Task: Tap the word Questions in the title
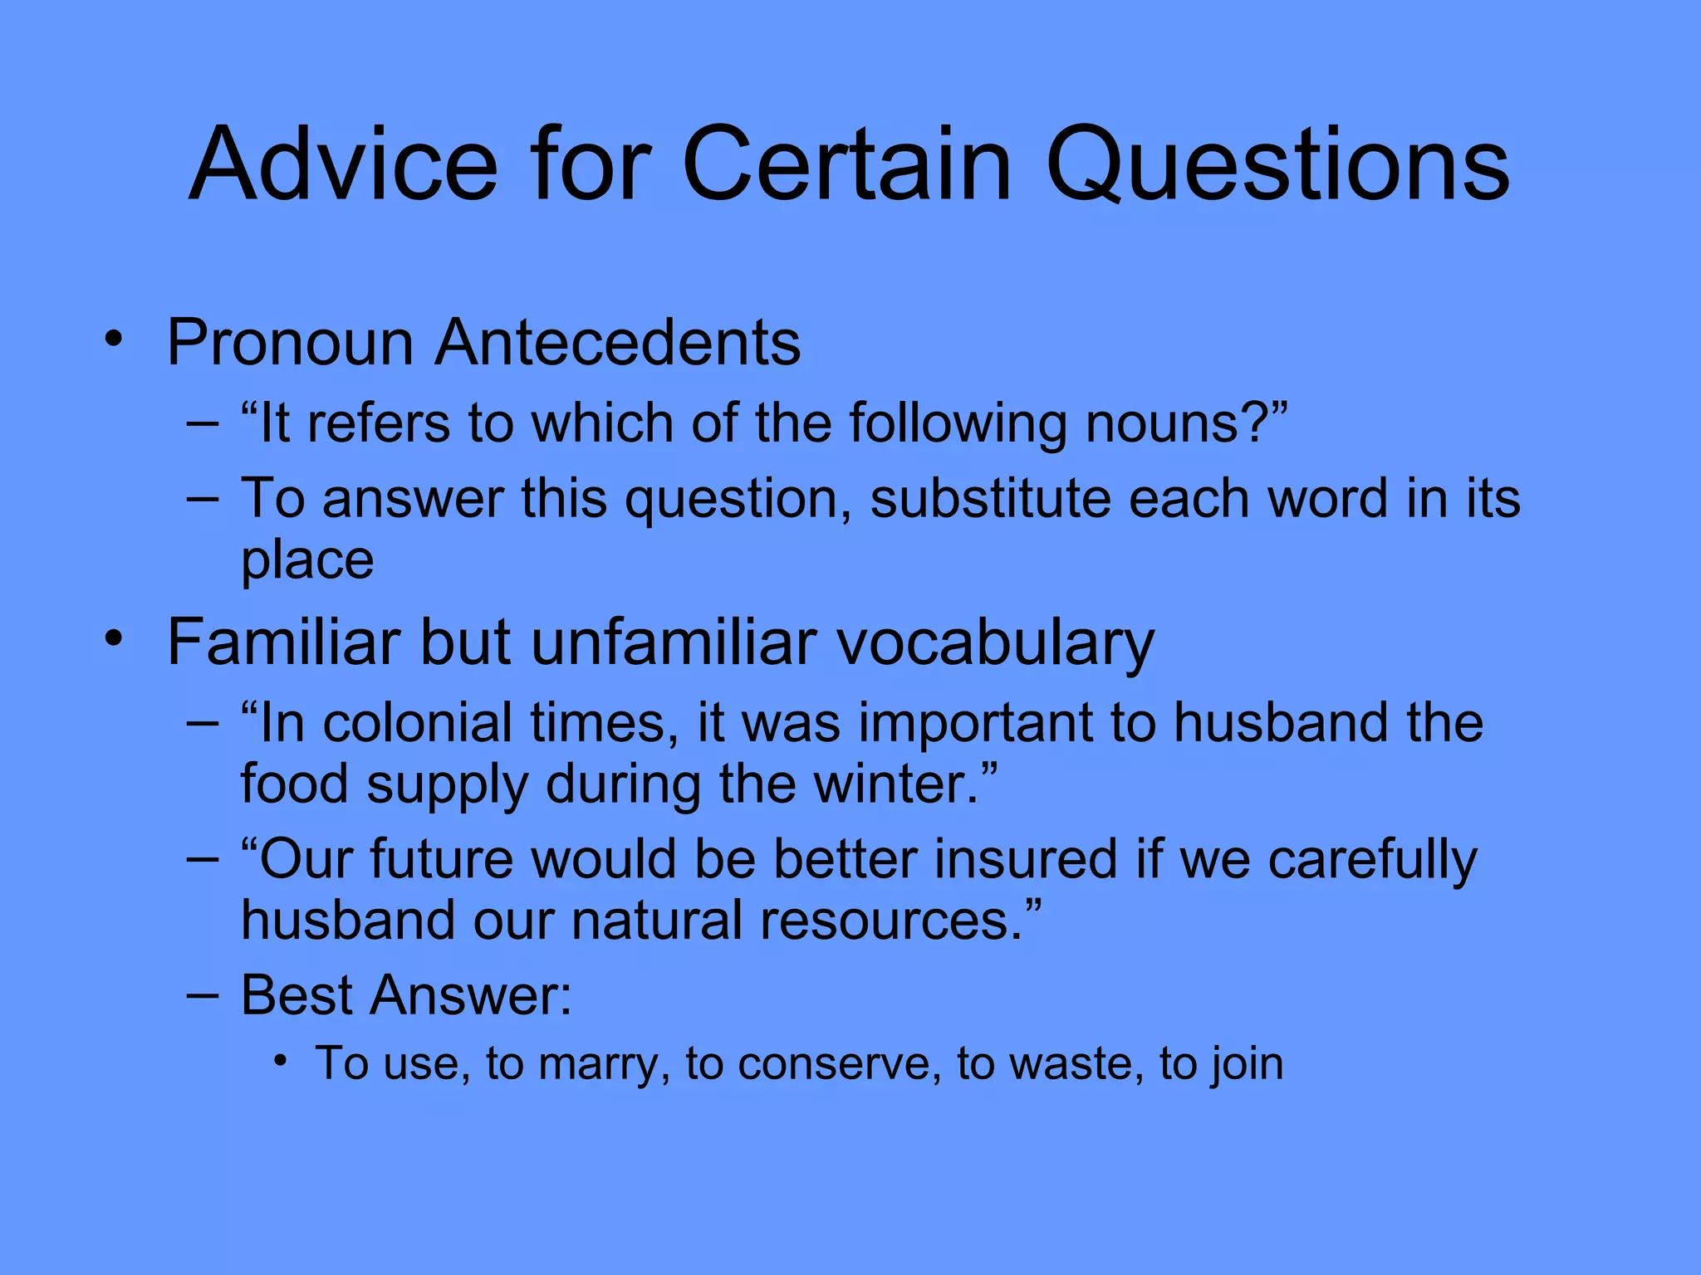[1277, 166]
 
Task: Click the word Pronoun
[290, 343]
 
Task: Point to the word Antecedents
[617, 343]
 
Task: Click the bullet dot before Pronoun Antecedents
[114, 340]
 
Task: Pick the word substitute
[990, 499]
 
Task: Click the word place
[307, 562]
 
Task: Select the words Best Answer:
[406, 994]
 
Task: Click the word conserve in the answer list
[839, 1064]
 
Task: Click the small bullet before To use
[282, 1061]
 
